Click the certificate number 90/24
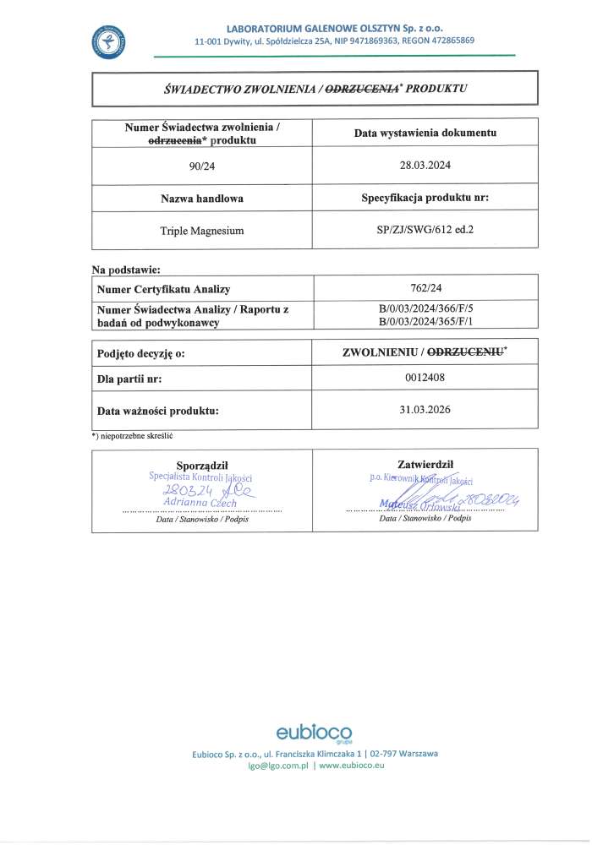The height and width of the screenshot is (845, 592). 202,166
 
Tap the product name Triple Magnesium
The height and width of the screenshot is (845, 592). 202,229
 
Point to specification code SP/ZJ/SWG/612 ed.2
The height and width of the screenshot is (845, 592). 425,229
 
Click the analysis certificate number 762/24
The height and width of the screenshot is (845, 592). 425,289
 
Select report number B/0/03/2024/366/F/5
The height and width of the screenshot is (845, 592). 425,310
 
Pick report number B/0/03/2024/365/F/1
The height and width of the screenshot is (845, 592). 425,322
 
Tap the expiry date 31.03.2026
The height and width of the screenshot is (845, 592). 425,410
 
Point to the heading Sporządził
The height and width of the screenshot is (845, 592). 202,465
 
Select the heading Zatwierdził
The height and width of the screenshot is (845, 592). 425,464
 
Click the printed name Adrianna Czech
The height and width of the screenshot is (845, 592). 201,503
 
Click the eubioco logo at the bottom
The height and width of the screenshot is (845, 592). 315,732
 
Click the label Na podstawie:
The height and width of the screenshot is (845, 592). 126,270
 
